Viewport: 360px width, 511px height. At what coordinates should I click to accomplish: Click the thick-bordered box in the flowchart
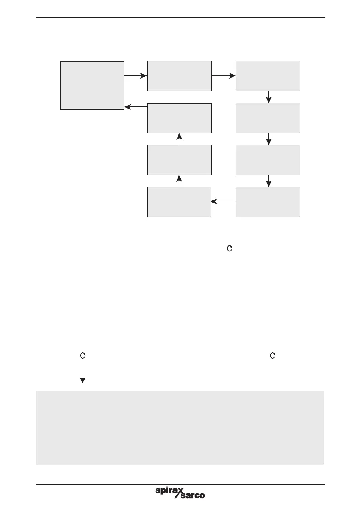tap(92, 85)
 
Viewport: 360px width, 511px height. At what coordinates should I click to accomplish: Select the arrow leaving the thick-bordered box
tap(136, 76)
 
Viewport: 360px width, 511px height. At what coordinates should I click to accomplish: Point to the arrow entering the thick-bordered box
tap(136, 107)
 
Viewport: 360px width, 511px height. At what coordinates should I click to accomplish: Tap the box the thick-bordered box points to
tap(179, 76)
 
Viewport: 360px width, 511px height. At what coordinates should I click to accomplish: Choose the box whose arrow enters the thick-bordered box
tap(179, 118)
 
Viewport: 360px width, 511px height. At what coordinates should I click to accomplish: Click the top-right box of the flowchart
tap(268, 76)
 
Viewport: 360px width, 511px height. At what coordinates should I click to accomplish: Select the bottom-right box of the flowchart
tap(268, 202)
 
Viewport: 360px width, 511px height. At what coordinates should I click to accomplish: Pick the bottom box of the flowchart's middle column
tap(179, 202)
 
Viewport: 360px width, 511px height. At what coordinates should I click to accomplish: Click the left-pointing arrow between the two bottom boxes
tap(224, 202)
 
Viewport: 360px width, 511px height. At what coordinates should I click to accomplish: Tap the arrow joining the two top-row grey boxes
tap(224, 76)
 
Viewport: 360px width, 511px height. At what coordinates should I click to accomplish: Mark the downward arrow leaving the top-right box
tap(269, 97)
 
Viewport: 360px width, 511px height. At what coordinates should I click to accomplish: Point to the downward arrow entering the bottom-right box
tap(269, 181)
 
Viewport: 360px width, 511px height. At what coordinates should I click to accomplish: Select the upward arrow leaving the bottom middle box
tap(179, 181)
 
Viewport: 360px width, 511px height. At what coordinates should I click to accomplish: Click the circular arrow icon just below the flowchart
tap(230, 248)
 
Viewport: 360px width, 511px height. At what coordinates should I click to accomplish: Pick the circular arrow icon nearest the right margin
tap(272, 356)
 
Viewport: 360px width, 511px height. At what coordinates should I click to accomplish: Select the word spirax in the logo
tap(169, 490)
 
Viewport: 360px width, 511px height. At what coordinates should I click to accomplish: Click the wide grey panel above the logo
tap(179, 428)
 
